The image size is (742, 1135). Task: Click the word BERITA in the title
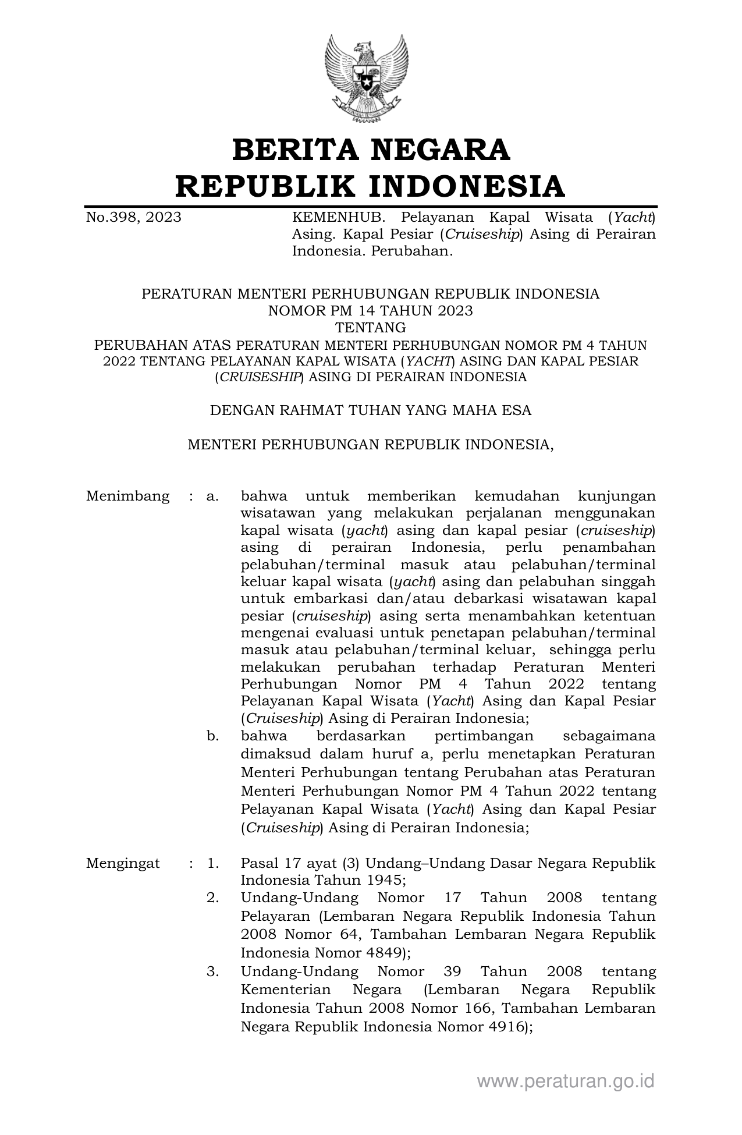(294, 150)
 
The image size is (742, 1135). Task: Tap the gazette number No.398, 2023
(133, 218)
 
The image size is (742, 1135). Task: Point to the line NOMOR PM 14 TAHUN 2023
(370, 311)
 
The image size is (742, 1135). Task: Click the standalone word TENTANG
(370, 327)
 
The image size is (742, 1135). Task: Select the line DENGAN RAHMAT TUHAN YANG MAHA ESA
(370, 410)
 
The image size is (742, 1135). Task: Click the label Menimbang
(128, 496)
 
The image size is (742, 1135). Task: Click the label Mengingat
(123, 863)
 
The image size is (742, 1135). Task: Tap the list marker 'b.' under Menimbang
(212, 736)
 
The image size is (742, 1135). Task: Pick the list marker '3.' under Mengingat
(212, 971)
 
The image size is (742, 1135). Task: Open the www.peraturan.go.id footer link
(566, 1081)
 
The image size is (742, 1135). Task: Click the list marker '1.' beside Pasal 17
(212, 863)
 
